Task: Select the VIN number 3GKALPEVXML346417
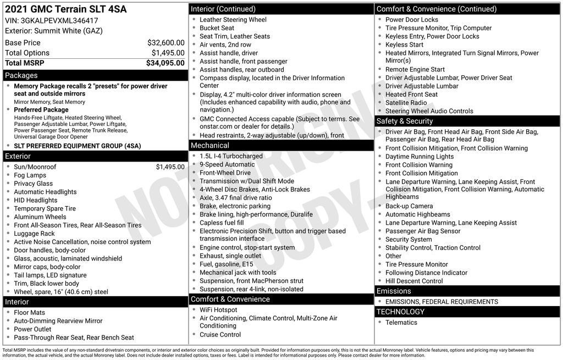coord(60,20)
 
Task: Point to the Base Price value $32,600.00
coord(165,42)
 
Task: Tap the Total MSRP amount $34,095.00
coord(165,63)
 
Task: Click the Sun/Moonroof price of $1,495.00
coord(170,167)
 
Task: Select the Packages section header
coord(21,75)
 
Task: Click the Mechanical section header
coord(209,145)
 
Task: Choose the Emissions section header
coord(394,291)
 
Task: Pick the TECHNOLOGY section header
coord(401,312)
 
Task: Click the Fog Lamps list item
coord(30,175)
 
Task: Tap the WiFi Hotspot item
coord(218,310)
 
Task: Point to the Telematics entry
coord(401,323)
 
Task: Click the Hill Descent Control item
coord(414,281)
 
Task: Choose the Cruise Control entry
coord(220,335)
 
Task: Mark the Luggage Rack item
coord(34,234)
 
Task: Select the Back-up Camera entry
coord(409,206)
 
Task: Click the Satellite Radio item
coord(406,103)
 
